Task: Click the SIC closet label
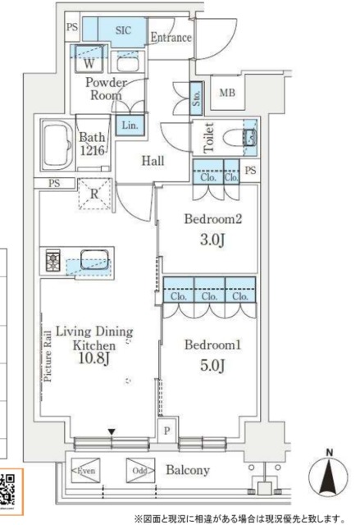point(123,30)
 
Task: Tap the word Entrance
point(171,37)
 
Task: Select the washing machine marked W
point(89,59)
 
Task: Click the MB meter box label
point(227,93)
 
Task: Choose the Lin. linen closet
point(130,126)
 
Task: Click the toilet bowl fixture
point(236,137)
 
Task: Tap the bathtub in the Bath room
point(57,145)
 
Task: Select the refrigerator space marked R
point(94,194)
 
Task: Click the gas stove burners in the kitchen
point(52,260)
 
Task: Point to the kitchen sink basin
point(94,259)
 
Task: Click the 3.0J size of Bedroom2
point(212,240)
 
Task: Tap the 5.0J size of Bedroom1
point(212,365)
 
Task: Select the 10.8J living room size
point(94,358)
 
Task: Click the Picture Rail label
point(48,356)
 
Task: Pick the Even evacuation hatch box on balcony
point(85,470)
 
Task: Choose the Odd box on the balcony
point(140,470)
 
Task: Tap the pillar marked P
point(167,431)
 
